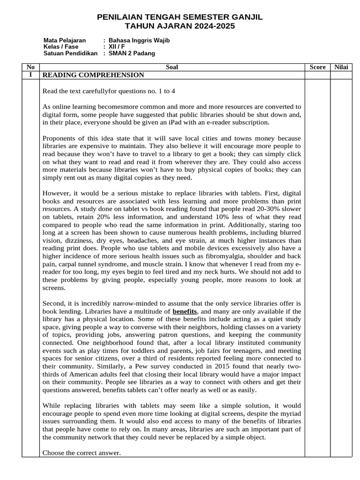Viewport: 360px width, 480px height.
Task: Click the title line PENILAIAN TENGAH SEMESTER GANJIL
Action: tap(180, 17)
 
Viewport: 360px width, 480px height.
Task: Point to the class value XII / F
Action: tap(117, 47)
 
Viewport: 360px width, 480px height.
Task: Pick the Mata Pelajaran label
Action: tap(65, 40)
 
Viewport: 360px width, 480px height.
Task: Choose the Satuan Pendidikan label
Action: tap(70, 53)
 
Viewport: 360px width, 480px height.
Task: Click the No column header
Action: tap(30, 67)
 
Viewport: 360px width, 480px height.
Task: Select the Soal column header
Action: tap(172, 67)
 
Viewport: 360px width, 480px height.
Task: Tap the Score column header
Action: tap(317, 67)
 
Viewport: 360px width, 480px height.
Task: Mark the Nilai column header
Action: tap(341, 67)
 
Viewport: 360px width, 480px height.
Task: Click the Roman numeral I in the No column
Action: tap(30, 75)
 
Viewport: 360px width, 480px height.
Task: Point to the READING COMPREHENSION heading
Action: tap(93, 75)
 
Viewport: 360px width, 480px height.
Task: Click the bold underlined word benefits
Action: tap(185, 311)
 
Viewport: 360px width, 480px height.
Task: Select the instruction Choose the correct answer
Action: tap(81, 453)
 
